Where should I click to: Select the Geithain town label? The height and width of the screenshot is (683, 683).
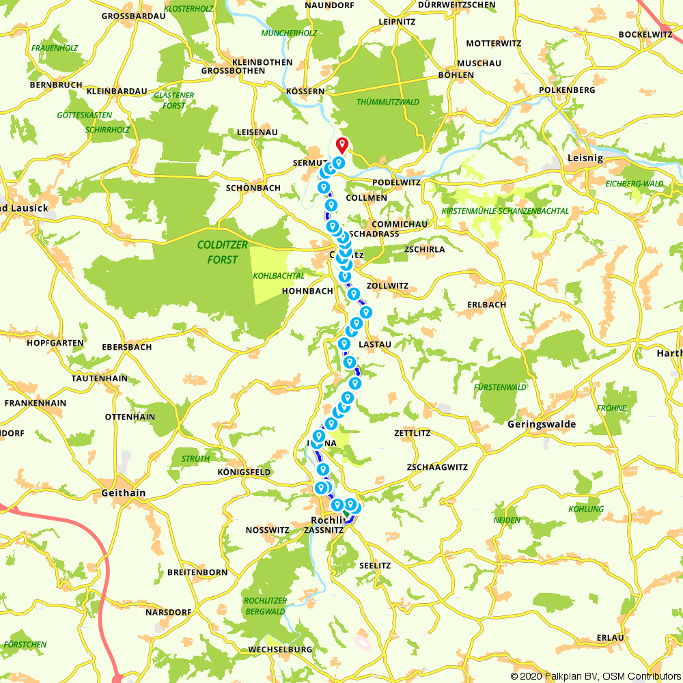[123, 492]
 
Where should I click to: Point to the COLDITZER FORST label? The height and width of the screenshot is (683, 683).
[217, 252]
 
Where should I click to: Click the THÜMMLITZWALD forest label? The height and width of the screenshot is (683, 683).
[388, 102]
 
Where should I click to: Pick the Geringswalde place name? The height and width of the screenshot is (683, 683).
[542, 424]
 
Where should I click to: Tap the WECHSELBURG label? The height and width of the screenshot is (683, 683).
[281, 649]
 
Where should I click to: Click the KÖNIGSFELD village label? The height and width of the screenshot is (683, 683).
[244, 472]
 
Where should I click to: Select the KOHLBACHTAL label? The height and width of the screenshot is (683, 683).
[279, 276]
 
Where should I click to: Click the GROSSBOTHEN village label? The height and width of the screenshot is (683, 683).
[234, 71]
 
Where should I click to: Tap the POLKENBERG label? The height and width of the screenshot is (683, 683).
[567, 89]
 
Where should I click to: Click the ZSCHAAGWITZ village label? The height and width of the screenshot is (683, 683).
[436, 467]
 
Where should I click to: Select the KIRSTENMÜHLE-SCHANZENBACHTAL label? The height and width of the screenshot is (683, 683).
[505, 211]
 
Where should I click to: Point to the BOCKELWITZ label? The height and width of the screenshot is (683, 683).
[646, 34]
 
